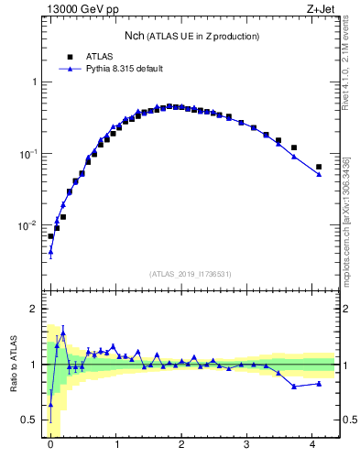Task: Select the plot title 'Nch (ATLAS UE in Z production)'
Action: tap(191, 36)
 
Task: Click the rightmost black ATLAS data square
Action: tap(319, 167)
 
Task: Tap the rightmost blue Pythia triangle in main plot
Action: tap(319, 174)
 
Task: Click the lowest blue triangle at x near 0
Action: tap(50, 252)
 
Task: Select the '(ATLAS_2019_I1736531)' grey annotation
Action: tap(191, 274)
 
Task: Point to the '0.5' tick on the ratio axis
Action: tap(32, 420)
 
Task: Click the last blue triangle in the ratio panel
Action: tap(319, 383)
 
